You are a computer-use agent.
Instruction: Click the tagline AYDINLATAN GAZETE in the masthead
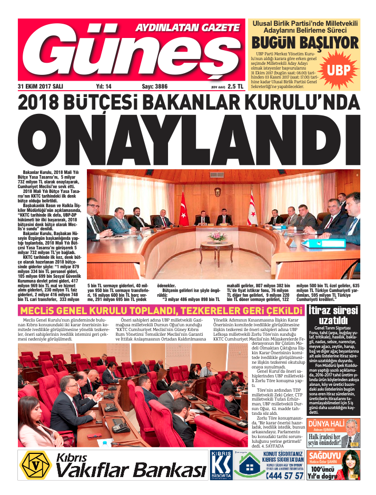pyautogui.click(x=188, y=27)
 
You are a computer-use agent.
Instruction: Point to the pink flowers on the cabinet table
pyautogui.click(x=216, y=237)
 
